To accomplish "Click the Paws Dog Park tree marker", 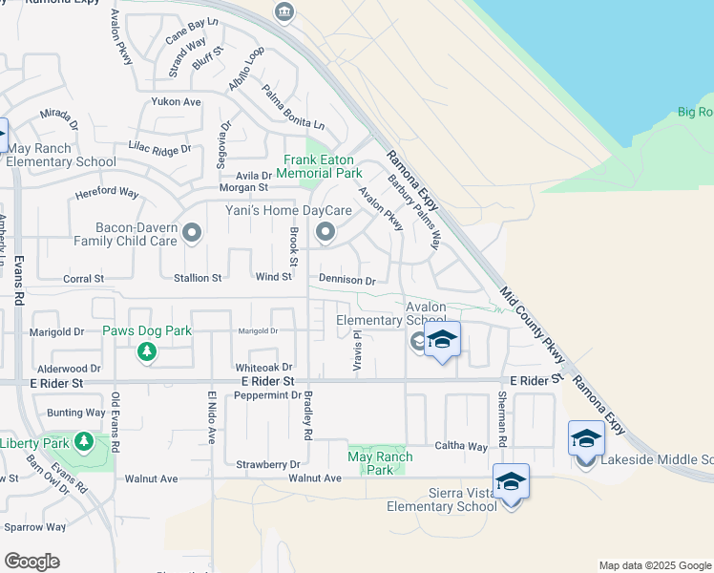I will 146,352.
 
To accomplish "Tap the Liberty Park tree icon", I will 84,442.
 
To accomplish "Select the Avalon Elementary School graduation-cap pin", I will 442,340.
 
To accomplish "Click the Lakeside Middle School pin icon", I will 586,438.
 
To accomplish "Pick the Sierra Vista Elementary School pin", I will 511,481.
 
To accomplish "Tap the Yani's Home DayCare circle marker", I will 325,231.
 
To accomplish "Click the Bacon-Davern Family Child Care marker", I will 192,232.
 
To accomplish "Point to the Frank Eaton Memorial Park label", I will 320,167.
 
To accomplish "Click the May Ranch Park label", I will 380,463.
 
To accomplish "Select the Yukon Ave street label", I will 176,101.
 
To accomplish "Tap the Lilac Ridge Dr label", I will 159,150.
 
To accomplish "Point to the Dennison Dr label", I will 347,281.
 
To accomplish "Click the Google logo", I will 32,562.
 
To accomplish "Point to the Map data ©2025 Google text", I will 655,565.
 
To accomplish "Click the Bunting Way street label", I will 76,413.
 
